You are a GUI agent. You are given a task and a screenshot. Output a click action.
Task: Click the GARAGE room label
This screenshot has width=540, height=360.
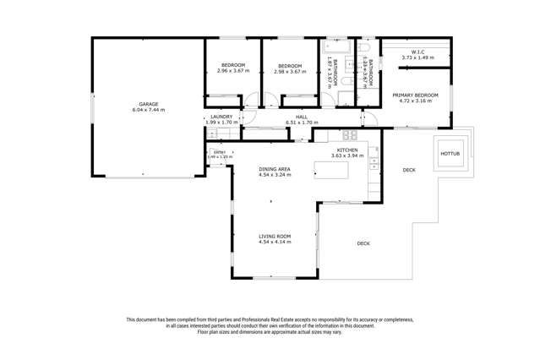pos(148,104)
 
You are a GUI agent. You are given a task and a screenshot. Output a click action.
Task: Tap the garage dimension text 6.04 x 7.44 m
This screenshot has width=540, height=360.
pos(148,110)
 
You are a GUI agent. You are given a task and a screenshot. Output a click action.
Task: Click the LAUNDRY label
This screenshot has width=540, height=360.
pos(221,117)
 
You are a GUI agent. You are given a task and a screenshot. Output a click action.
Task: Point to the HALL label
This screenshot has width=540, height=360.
pos(301,117)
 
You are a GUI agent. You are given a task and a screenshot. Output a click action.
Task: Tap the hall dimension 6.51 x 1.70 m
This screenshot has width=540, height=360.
pos(301,123)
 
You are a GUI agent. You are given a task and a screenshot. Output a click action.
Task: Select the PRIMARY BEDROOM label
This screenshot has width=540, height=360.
pos(415,95)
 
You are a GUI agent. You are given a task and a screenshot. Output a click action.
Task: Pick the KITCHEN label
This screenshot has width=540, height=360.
pos(347,150)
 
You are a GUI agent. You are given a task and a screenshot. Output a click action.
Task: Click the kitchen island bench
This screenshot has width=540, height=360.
pos(339,171)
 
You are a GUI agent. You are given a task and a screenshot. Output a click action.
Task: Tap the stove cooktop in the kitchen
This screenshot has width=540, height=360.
pos(349,135)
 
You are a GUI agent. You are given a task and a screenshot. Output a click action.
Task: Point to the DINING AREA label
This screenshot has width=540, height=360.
pos(275,169)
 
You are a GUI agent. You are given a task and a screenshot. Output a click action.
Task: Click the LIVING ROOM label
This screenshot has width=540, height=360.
pos(275,236)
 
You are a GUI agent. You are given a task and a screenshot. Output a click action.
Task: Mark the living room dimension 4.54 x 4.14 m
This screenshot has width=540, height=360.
pos(275,242)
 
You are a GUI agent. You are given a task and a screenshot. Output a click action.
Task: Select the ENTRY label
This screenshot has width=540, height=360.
pos(219,152)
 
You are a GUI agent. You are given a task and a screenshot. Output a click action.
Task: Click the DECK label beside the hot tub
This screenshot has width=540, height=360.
pos(408,170)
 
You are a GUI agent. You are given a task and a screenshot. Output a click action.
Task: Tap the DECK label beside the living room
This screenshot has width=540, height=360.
pos(363,243)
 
